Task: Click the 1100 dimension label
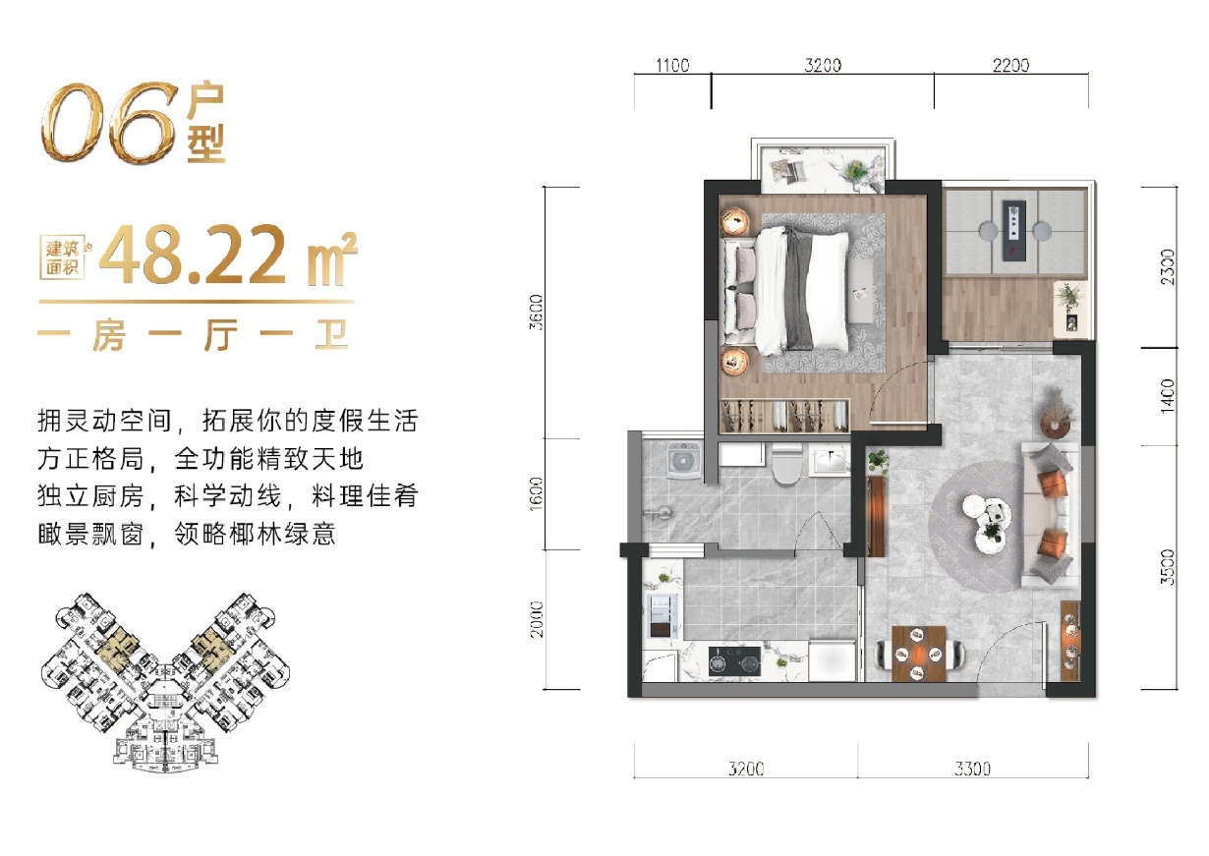point(672,65)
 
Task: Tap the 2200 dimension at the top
point(1010,65)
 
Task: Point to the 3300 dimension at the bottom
point(972,768)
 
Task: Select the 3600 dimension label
point(536,312)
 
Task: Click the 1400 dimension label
point(1167,396)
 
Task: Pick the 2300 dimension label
point(1167,267)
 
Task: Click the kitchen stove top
point(735,660)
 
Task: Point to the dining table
point(919,654)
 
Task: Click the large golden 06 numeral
point(109,122)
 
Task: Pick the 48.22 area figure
point(192,255)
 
